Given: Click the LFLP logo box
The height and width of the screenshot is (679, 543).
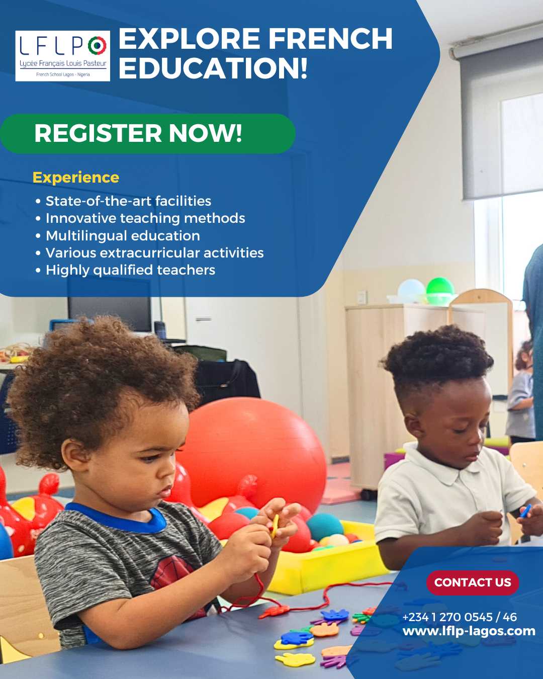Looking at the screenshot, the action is pos(62,56).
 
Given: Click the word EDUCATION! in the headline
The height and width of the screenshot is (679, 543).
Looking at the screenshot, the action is pos(213,67).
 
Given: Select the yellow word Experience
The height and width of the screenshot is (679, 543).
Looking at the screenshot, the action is pos(76,178).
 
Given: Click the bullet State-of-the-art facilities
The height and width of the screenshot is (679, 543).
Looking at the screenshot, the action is pos(123,201).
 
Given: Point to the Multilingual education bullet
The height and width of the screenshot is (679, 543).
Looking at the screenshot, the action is pos(118,236).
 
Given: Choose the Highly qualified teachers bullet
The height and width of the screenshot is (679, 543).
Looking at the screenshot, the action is pos(125,270).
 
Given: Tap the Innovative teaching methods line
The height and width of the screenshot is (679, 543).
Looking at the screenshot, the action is pos(140,218).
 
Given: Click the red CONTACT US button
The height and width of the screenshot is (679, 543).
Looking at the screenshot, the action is pos(472,582).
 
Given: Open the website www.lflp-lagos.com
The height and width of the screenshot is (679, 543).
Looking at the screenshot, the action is pos(469,631).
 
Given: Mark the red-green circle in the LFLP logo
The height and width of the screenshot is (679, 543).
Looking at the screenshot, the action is pos(97,45).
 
